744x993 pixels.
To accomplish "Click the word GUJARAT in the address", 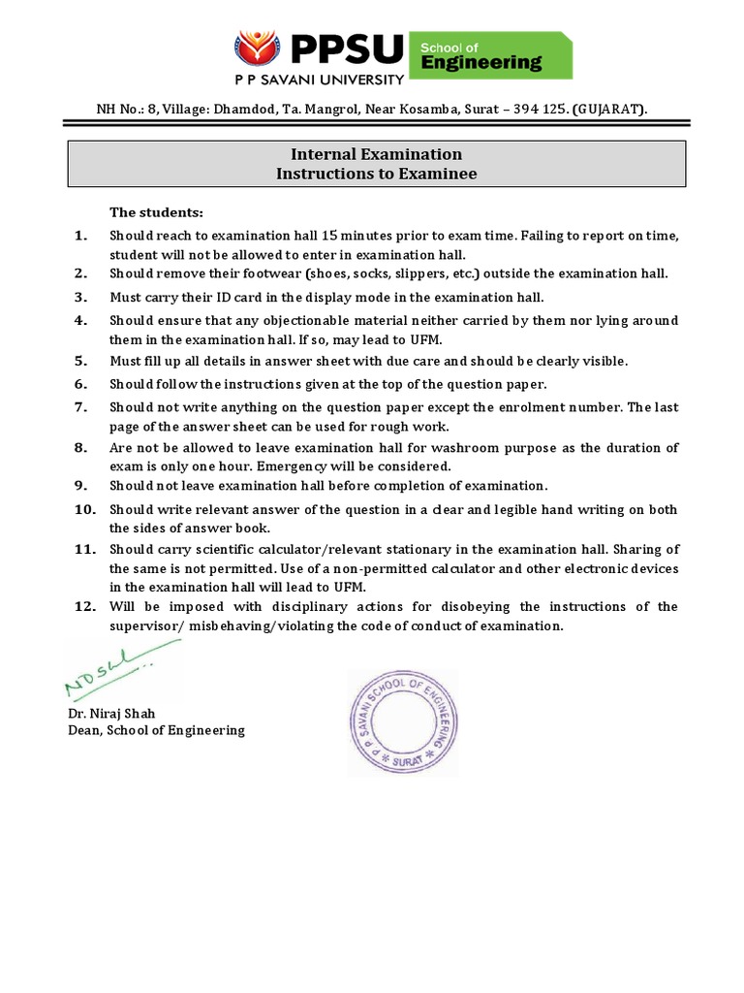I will (x=609, y=109).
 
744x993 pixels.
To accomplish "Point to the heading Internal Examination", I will (x=377, y=154).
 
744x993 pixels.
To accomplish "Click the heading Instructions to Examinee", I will (x=377, y=174).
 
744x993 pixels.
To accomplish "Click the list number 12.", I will (x=83, y=606).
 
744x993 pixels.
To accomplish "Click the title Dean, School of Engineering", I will (x=156, y=730).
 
